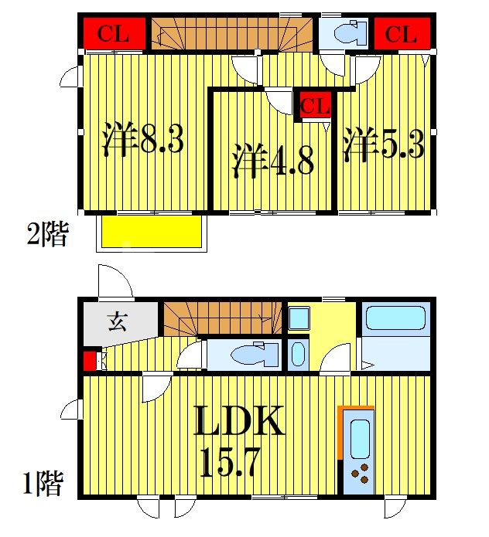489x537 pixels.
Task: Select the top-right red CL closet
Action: pos(401,33)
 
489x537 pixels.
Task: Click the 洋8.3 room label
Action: pos(142,141)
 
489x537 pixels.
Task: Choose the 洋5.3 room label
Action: pos(384,144)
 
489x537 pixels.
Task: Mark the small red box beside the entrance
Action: pos(89,361)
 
